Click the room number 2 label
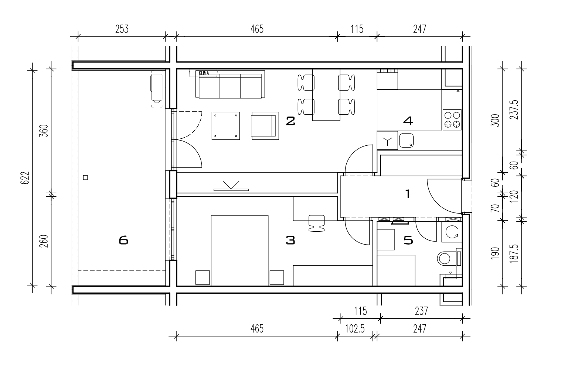click(290, 121)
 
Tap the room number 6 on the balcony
click(123, 240)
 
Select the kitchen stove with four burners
click(452, 120)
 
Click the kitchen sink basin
click(406, 141)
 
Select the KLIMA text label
click(204, 73)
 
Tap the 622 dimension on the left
click(25, 178)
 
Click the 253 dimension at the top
click(122, 29)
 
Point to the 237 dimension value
click(421, 311)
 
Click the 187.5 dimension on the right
click(514, 253)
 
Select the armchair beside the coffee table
click(265, 126)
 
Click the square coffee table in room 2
click(226, 126)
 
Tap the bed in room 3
click(240, 250)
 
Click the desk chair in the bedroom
click(317, 223)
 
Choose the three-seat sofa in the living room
click(230, 84)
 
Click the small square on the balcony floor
click(85, 177)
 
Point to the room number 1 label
click(408, 194)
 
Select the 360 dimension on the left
click(44, 131)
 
